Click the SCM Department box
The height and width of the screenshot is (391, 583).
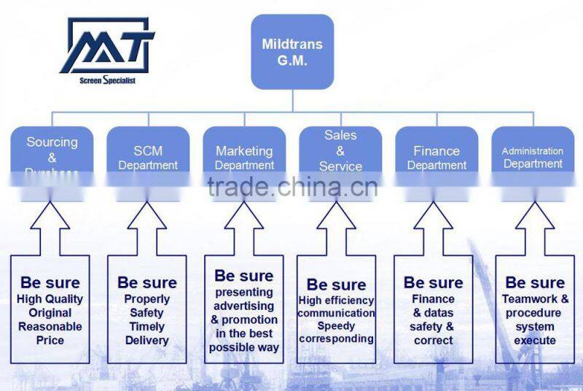(148, 155)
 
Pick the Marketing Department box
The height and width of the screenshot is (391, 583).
(244, 155)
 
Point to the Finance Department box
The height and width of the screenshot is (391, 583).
(437, 155)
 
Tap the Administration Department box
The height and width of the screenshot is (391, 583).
(533, 155)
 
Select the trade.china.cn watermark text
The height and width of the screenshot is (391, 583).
(291, 188)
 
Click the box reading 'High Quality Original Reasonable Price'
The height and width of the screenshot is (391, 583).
(51, 310)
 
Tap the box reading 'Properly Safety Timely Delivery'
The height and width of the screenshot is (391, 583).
(147, 310)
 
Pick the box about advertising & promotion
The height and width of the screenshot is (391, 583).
(244, 310)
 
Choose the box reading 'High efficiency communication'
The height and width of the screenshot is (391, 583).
(336, 310)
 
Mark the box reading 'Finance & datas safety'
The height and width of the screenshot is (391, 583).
(434, 310)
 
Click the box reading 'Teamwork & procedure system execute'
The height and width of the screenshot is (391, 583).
(536, 310)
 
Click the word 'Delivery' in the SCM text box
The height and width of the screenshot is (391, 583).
(147, 341)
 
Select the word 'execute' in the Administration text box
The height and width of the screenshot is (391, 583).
(536, 341)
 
